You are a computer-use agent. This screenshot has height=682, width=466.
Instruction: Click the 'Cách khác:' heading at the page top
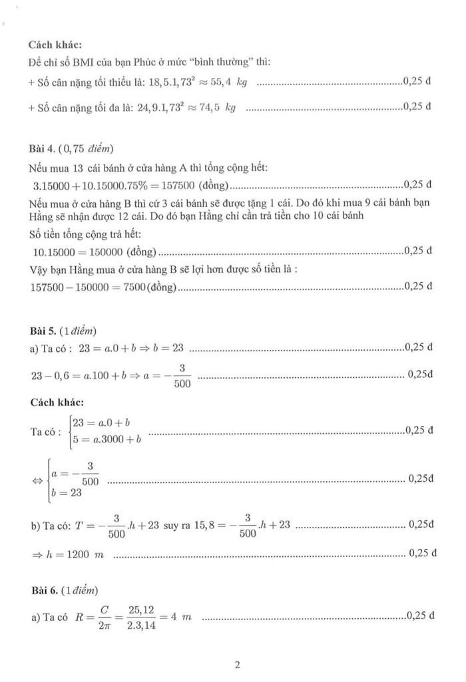55,45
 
